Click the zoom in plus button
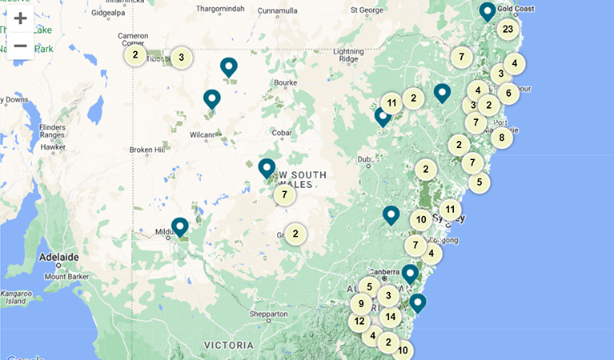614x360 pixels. (20, 18)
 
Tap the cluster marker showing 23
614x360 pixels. (507, 30)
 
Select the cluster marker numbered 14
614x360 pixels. (390, 316)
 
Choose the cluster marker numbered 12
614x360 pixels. (359, 322)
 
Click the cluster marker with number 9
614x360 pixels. (361, 303)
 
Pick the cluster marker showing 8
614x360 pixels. (501, 137)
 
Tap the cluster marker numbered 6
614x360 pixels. (508, 93)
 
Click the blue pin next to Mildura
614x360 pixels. (179, 228)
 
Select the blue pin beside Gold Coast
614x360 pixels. (487, 12)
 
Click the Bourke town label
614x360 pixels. (286, 82)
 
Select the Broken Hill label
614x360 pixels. (146, 150)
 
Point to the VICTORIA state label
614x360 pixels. (229, 346)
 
